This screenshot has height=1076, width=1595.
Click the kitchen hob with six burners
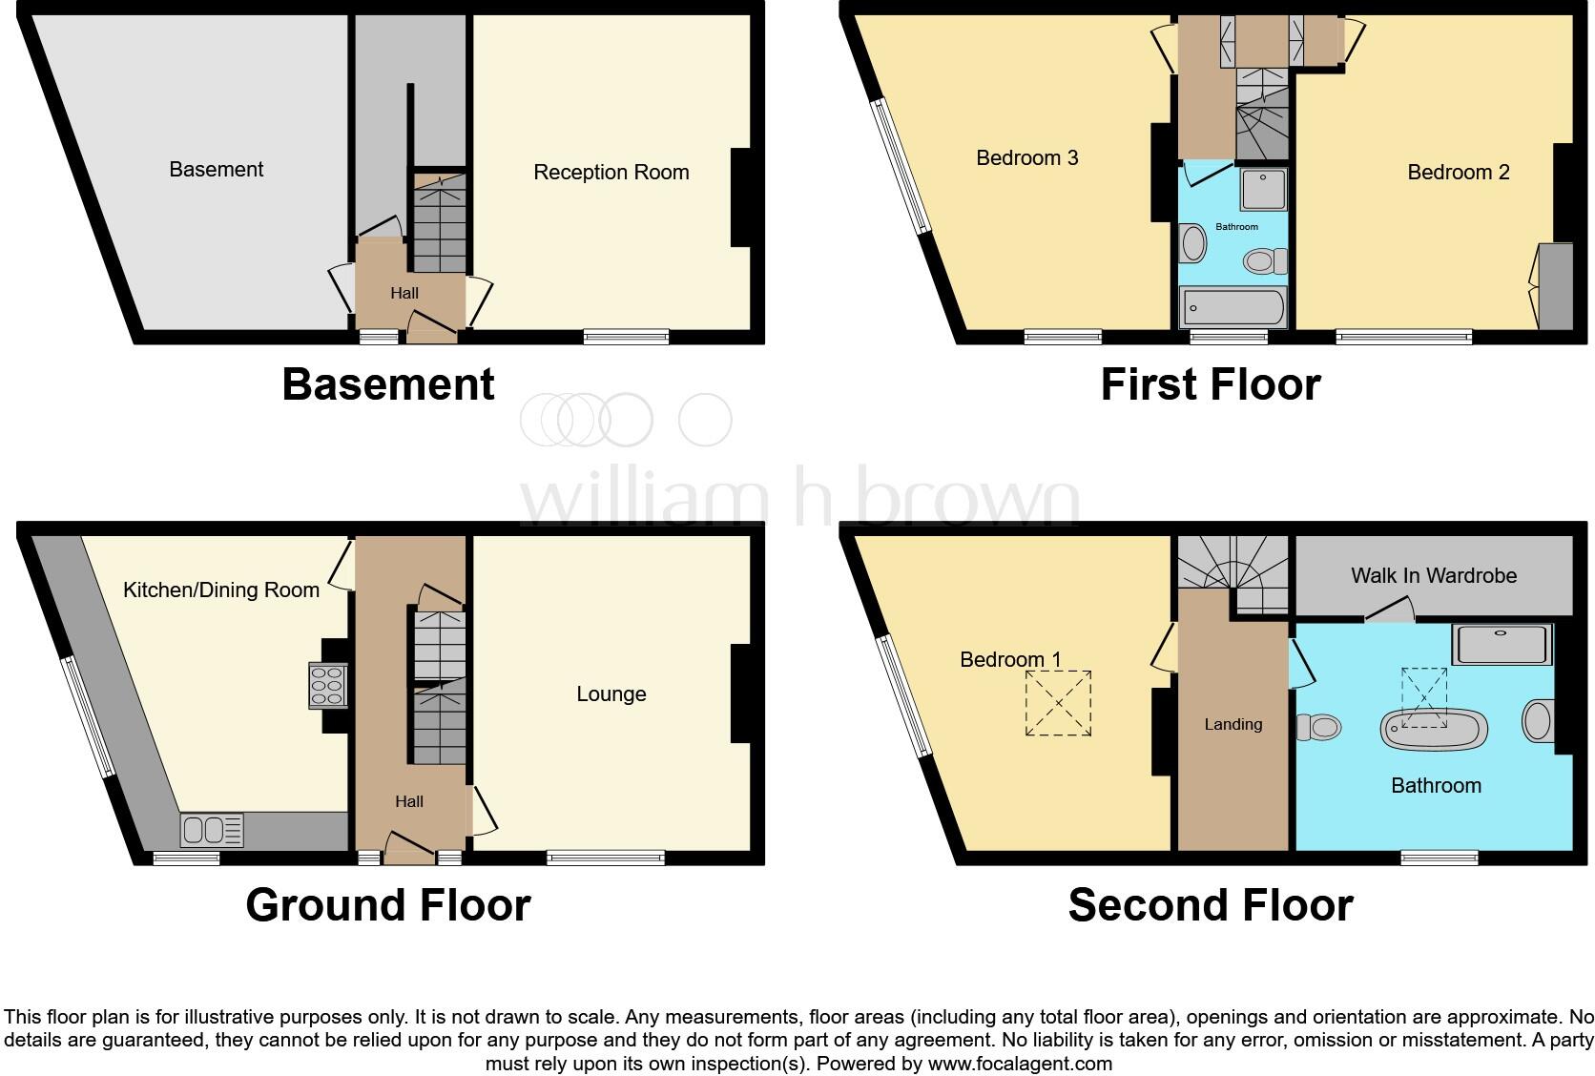[326, 686]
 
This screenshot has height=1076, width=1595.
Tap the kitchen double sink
[213, 830]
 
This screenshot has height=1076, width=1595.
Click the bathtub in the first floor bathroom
[1232, 308]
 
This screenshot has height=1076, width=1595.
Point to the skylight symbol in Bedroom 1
[1058, 703]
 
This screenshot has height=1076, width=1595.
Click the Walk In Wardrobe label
[1433, 575]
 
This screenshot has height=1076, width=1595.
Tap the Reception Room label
[611, 173]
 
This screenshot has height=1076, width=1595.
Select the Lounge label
[611, 694]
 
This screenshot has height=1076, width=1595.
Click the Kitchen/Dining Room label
[221, 590]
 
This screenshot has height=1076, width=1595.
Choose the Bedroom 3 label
[1026, 158]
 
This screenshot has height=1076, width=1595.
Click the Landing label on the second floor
[1232, 725]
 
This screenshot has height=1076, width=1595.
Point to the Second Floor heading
[1210, 905]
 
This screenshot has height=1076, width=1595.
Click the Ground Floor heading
[387, 905]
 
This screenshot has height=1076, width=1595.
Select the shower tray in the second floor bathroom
[1502, 644]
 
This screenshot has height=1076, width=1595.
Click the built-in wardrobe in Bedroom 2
[1556, 287]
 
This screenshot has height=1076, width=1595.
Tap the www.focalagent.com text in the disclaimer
[1020, 1064]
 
